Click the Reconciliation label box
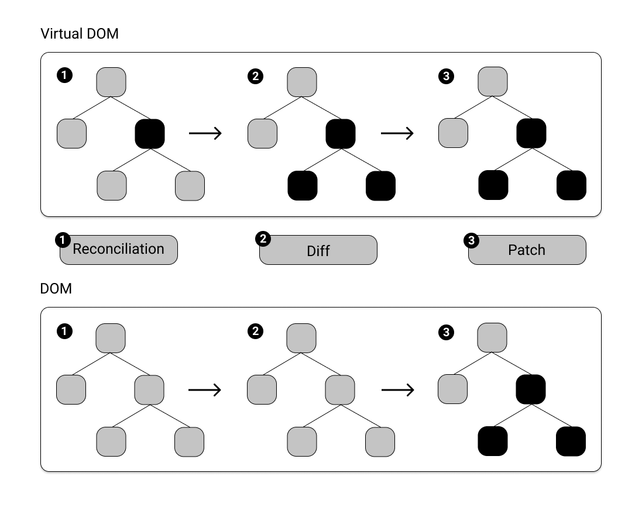click(x=118, y=250)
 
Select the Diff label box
click(x=318, y=250)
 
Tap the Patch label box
click(x=527, y=250)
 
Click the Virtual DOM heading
click(x=80, y=34)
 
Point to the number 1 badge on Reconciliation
click(x=62, y=240)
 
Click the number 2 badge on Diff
click(x=263, y=239)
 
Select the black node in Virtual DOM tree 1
click(x=150, y=133)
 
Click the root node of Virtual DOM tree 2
click(x=302, y=82)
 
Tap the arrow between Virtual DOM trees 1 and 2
click(x=205, y=133)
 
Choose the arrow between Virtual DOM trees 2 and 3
click(x=397, y=133)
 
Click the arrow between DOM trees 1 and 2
click(x=205, y=389)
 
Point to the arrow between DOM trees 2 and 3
click(x=397, y=389)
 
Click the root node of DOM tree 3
click(x=493, y=338)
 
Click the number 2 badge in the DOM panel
click(x=255, y=332)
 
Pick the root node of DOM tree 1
click(x=111, y=338)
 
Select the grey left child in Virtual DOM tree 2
click(x=262, y=133)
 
